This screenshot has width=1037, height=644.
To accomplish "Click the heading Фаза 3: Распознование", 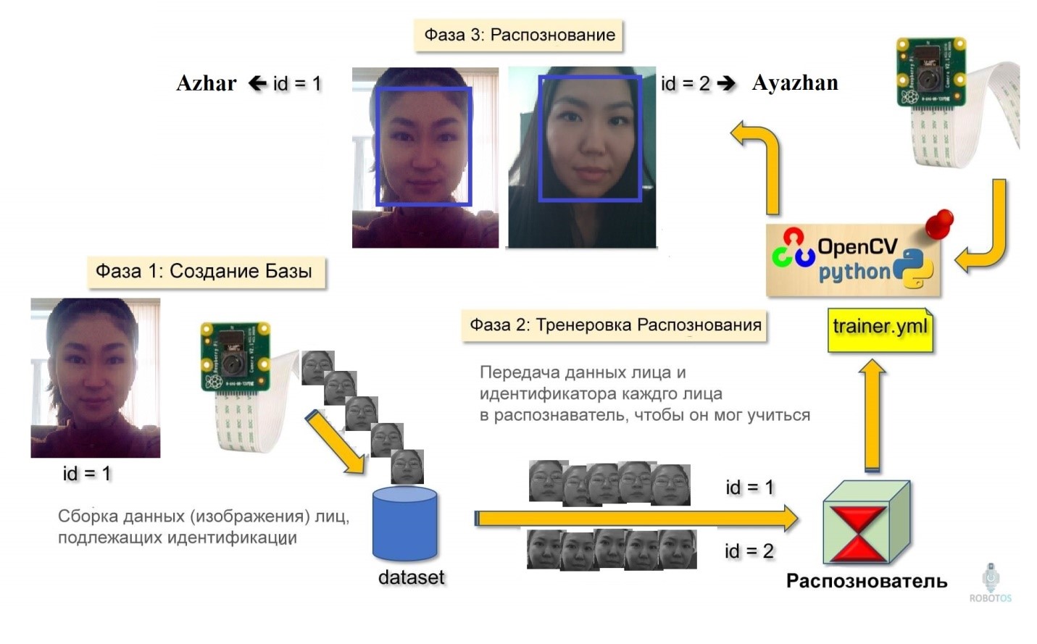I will [519, 35].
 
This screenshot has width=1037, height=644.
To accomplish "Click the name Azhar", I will [206, 83].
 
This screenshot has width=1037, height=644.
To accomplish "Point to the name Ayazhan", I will [795, 83].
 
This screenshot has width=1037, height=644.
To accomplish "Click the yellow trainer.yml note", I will [880, 327].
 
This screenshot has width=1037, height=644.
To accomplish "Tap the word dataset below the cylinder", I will [411, 577].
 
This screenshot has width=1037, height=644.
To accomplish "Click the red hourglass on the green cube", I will [858, 534].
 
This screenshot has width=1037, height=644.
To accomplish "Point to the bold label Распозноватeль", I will [867, 581].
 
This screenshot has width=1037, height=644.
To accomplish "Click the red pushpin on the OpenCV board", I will [940, 222].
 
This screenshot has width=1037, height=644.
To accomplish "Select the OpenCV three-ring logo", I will [793, 248].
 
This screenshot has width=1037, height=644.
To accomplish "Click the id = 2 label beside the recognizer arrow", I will [749, 551].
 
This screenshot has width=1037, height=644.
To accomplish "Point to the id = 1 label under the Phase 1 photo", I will [87, 474].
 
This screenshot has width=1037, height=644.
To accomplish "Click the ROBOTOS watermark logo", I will [990, 583].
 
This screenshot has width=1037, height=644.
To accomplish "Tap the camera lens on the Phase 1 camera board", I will [233, 356].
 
